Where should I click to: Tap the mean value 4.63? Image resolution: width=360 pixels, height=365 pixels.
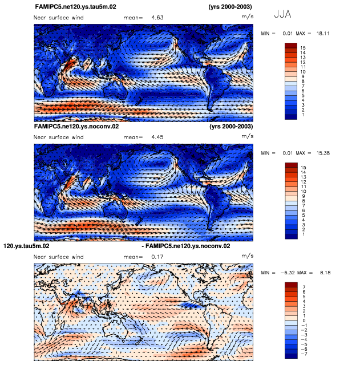157,18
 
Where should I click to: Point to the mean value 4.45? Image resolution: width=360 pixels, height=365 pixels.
157,137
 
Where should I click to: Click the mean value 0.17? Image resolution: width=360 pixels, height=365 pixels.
157,257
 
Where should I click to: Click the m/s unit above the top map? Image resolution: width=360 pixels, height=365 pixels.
247,17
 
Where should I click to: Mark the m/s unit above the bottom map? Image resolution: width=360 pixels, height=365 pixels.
247,255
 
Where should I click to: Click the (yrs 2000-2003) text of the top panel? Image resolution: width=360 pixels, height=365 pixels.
227,7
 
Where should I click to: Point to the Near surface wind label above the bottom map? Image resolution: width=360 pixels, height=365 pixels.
59,257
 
